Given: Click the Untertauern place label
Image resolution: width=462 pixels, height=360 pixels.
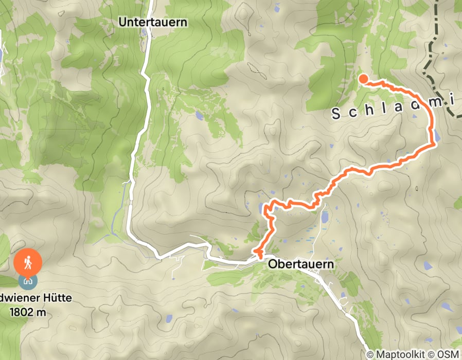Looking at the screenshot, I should pyautogui.click(x=152, y=22).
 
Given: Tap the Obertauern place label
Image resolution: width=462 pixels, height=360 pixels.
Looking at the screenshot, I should pyautogui.click(x=300, y=264).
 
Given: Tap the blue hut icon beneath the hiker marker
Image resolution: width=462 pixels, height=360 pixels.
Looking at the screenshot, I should pyautogui.click(x=27, y=280).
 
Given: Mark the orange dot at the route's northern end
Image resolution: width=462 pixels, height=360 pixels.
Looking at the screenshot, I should pyautogui.click(x=363, y=79).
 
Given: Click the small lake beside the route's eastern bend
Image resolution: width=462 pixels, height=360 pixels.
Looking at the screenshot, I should pyautogui.click(x=437, y=136).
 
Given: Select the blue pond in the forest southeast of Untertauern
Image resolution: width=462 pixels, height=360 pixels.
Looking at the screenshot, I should pyautogui.click(x=199, y=116).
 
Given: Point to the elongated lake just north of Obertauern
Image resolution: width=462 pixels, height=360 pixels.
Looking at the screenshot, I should pyautogui.click(x=324, y=217).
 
